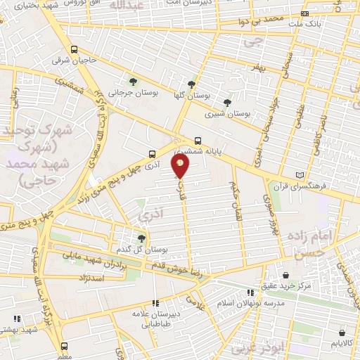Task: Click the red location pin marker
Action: [x=181, y=165]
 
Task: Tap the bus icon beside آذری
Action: [x=153, y=154]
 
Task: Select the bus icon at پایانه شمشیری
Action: [x=198, y=139]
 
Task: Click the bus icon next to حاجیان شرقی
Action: [x=74, y=49]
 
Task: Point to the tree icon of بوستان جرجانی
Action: [x=132, y=82]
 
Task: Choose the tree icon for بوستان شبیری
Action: [x=226, y=103]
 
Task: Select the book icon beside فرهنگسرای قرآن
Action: [x=301, y=174]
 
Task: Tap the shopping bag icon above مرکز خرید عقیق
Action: [x=285, y=274]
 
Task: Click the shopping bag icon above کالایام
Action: [x=341, y=333]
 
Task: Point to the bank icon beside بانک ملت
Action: [x=304, y=13]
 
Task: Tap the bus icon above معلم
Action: [x=64, y=346]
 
